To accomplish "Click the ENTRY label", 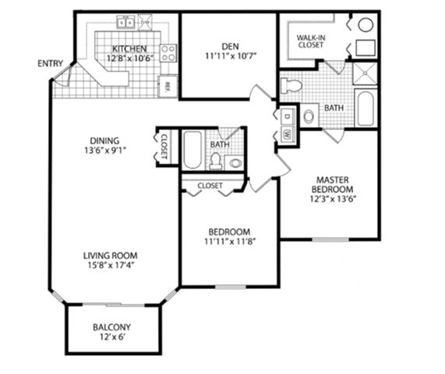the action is pyautogui.click(x=50, y=63).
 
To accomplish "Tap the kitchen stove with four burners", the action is pyautogui.click(x=168, y=53).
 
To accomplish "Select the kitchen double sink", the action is pyautogui.click(x=125, y=22).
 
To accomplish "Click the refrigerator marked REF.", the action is pyautogui.click(x=168, y=86).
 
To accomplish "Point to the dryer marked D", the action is pyautogui.click(x=288, y=116).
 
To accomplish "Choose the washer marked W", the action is pyautogui.click(x=288, y=133).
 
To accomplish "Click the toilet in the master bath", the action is pyautogui.click(x=291, y=86).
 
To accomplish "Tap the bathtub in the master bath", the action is pyautogui.click(x=366, y=108).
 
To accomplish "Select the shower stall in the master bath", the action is pyautogui.click(x=365, y=73).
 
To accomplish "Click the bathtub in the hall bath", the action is pyautogui.click(x=192, y=150).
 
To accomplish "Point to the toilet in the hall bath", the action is pyautogui.click(x=216, y=161).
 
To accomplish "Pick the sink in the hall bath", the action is pyautogui.click(x=235, y=163).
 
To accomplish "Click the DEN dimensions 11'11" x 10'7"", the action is pyautogui.click(x=231, y=56).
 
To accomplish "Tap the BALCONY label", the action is pyautogui.click(x=111, y=327).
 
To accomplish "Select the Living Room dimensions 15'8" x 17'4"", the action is pyautogui.click(x=111, y=266).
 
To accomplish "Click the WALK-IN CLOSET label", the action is pyautogui.click(x=311, y=41).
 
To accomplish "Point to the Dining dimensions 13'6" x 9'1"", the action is pyautogui.click(x=105, y=150).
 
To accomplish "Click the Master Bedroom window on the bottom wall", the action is pyautogui.click(x=330, y=240).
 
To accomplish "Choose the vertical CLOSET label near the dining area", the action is pyautogui.click(x=164, y=146).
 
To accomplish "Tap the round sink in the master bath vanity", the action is pyautogui.click(x=309, y=116).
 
